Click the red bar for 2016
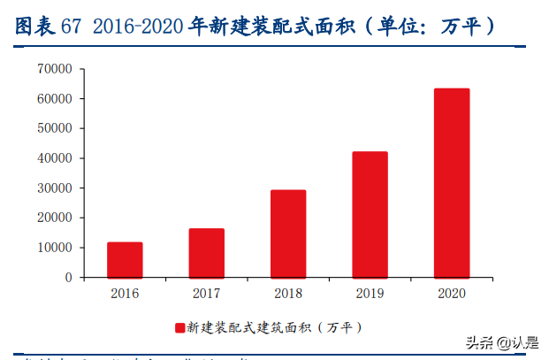[x=125, y=259]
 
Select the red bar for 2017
[x=206, y=253]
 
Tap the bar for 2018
[x=288, y=234]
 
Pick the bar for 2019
[x=370, y=214]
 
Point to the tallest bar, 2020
[x=452, y=182]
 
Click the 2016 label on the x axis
[x=125, y=293]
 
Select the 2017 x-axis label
[x=206, y=293]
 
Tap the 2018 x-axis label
[x=288, y=293]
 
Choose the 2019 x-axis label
[x=370, y=293]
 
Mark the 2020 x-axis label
[x=452, y=293]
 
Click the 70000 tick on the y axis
[x=55, y=69]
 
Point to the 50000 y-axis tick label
[x=55, y=128]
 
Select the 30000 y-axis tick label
[x=55, y=188]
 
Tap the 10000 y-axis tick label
[x=55, y=248]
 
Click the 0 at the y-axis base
[x=67, y=278]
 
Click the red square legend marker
[x=180, y=328]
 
